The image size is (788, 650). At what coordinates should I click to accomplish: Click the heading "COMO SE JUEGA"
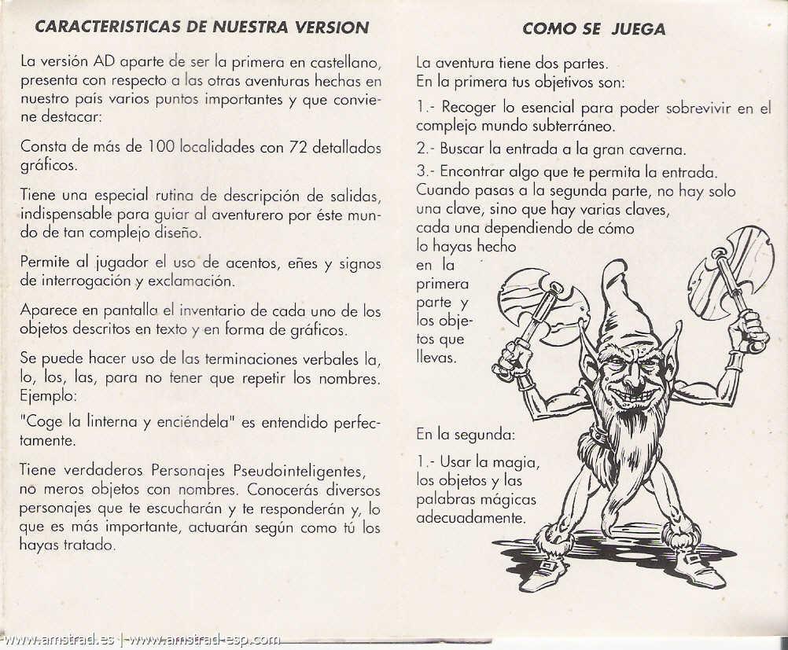(x=593, y=29)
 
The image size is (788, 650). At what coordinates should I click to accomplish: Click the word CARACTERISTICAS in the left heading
(x=109, y=27)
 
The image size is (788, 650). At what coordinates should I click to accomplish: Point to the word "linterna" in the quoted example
(x=118, y=422)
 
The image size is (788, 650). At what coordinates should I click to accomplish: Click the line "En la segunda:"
(x=466, y=433)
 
